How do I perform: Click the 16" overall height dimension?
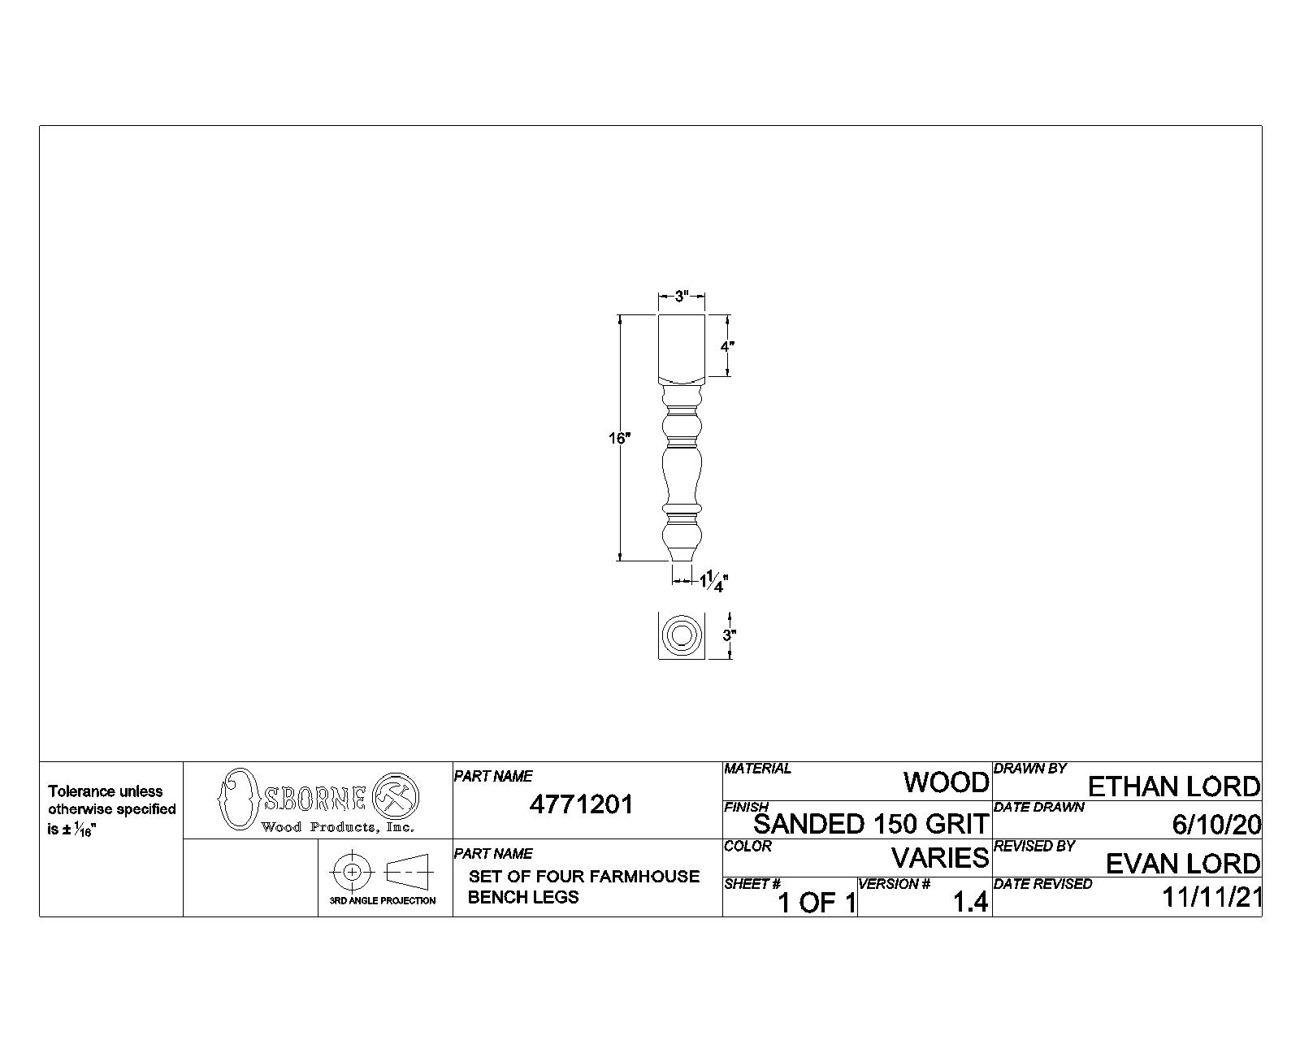pos(619,438)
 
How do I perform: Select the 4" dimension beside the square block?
pos(727,346)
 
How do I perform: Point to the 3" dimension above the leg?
pos(682,296)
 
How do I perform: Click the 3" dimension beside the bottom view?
pos(730,635)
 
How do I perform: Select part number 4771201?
pos(581,804)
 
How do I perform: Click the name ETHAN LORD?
pos(1174,786)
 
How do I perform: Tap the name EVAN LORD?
pos(1183,864)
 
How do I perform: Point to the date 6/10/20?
pos(1216,825)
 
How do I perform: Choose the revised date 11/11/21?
pos(1211,897)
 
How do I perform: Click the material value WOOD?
pos(946,782)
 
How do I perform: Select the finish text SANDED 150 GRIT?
pos(870,824)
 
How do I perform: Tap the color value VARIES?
pos(940,857)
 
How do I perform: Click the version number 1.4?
pos(970,902)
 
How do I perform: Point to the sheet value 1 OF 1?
pos(817,903)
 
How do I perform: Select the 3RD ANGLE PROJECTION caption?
pos(383,900)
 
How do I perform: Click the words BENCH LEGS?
pos(523,897)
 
